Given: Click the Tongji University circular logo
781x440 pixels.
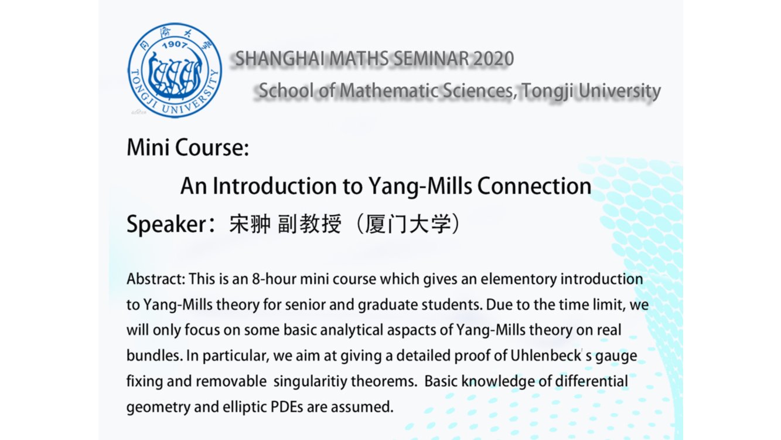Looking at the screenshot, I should point(175,70).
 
